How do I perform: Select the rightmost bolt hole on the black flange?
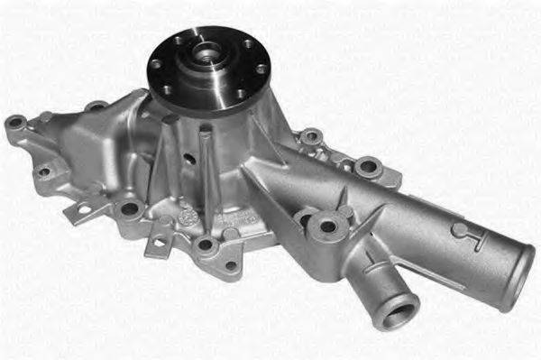[261, 69]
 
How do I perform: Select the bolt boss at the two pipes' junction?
[326, 225]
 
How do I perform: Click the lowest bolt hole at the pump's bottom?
[206, 245]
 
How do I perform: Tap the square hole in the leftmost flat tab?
[83, 209]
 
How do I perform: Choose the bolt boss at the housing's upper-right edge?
[366, 167]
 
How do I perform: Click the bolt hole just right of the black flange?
[311, 137]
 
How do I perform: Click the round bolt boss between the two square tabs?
[129, 209]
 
